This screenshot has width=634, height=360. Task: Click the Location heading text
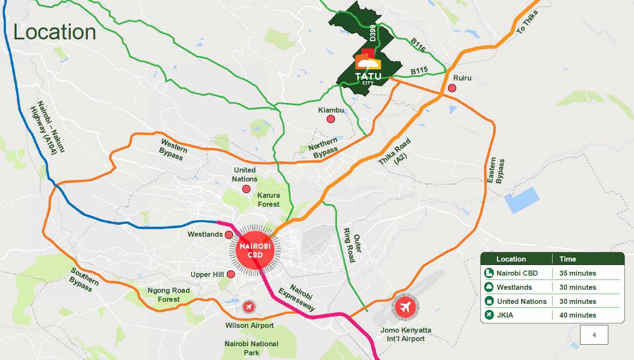(x=55, y=32)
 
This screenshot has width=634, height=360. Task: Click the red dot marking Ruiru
(x=452, y=88)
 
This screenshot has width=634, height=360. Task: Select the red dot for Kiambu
(x=331, y=119)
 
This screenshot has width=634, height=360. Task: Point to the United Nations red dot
(x=246, y=189)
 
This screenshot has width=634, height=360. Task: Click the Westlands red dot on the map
(x=229, y=235)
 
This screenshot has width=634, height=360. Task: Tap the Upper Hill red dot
(x=231, y=274)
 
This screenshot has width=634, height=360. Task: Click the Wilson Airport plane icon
(x=248, y=307)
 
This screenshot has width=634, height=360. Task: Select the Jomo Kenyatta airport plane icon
(x=405, y=307)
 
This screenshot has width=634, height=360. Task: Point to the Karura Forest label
(x=269, y=200)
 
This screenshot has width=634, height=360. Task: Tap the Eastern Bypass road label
(x=496, y=171)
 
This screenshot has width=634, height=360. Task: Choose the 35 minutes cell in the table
(x=577, y=273)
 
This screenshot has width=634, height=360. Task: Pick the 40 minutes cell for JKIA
(x=577, y=315)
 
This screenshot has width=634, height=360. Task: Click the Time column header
(x=568, y=259)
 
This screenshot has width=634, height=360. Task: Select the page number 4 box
(x=594, y=335)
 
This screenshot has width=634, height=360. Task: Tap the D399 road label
(x=373, y=33)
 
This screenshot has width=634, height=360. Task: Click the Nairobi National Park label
(x=251, y=348)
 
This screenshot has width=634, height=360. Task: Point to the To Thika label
(x=527, y=22)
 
